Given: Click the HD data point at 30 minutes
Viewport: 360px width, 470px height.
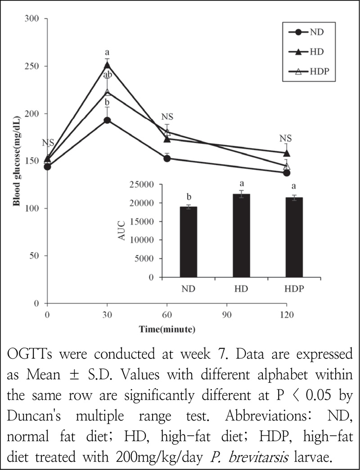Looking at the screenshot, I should tap(107, 65).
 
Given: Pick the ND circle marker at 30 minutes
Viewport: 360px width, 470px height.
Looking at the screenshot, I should tap(107, 120).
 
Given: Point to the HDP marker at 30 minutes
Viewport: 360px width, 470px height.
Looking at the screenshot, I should tap(107, 92).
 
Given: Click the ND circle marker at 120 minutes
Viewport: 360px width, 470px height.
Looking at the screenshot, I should tap(286, 172).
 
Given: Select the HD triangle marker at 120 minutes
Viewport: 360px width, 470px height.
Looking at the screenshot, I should tap(286, 153).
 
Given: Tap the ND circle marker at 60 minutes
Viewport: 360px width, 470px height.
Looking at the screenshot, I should tap(167, 158).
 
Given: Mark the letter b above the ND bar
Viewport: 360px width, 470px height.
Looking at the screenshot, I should tap(189, 196).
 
